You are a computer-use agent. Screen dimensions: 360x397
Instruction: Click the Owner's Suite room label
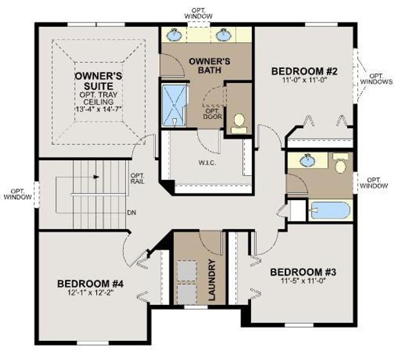(x=98, y=81)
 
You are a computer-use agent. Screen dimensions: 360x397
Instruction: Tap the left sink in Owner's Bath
(x=174, y=35)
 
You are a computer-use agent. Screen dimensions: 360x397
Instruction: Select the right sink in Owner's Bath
(x=224, y=35)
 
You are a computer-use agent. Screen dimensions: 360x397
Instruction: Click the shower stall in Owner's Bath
(x=174, y=105)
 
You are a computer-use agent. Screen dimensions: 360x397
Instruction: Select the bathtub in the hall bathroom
(x=330, y=210)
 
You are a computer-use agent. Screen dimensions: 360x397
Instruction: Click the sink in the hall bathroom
(x=307, y=160)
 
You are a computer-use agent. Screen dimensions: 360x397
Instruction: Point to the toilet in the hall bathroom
(x=340, y=164)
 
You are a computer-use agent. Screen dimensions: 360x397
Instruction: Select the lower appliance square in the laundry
(x=186, y=293)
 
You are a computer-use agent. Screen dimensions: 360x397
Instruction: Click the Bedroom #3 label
(x=303, y=272)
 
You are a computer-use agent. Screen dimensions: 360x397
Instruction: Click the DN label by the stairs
(x=131, y=213)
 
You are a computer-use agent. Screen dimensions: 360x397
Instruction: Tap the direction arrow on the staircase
(x=96, y=177)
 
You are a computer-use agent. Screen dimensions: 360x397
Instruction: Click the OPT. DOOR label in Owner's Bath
(x=212, y=114)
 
